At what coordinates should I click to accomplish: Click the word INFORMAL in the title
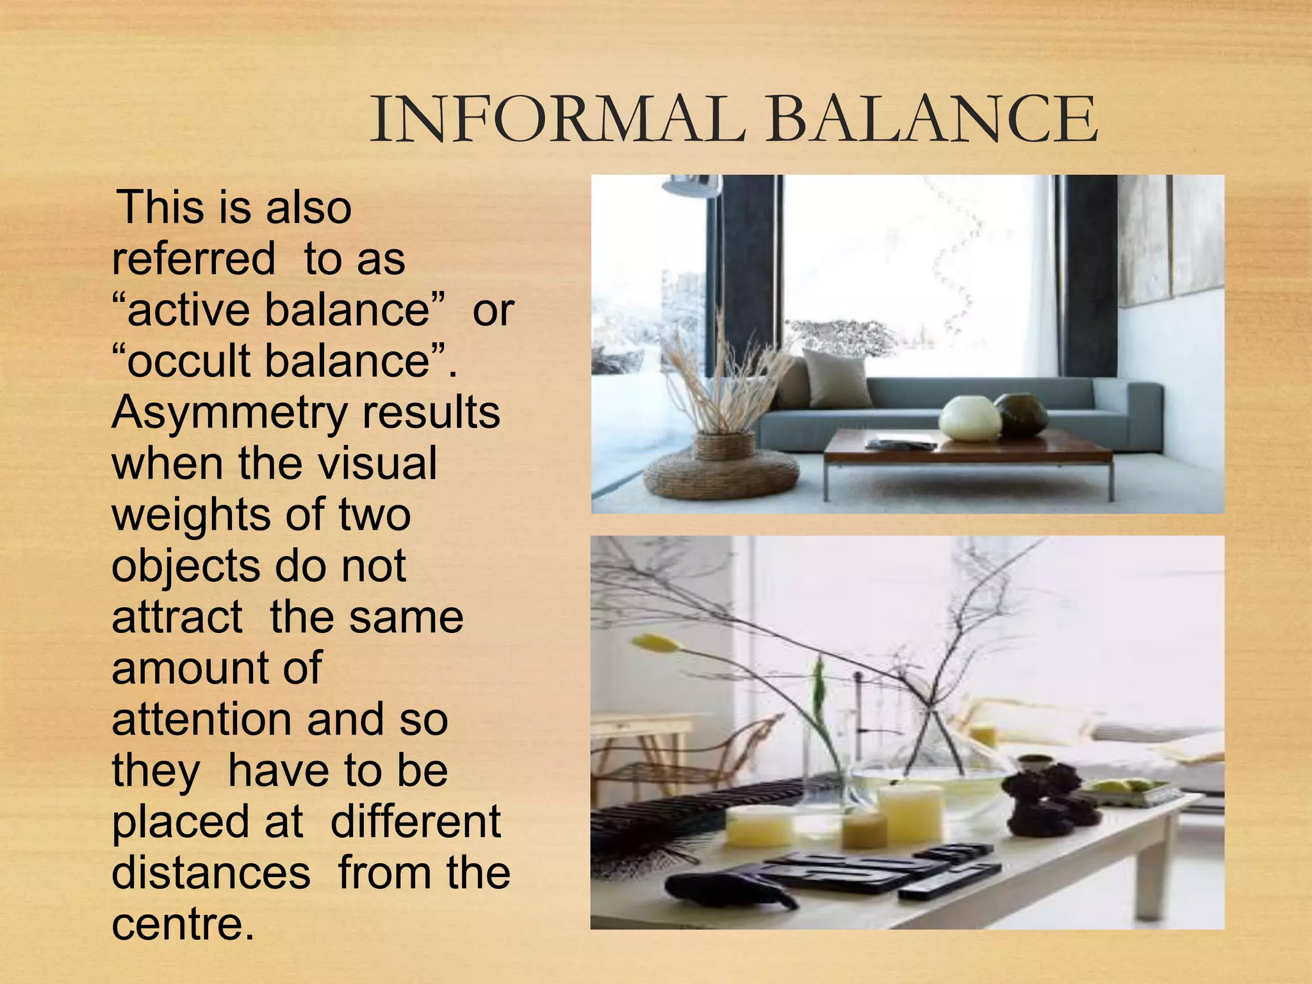coord(557,119)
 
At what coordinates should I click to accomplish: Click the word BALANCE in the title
coord(933,119)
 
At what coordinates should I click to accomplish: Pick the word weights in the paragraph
coord(190,515)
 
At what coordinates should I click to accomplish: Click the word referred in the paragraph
coord(193,259)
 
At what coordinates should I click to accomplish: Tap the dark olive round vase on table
coord(1021,414)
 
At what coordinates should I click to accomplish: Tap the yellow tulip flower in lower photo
coord(655,642)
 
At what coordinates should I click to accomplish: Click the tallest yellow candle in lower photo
coord(910,811)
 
